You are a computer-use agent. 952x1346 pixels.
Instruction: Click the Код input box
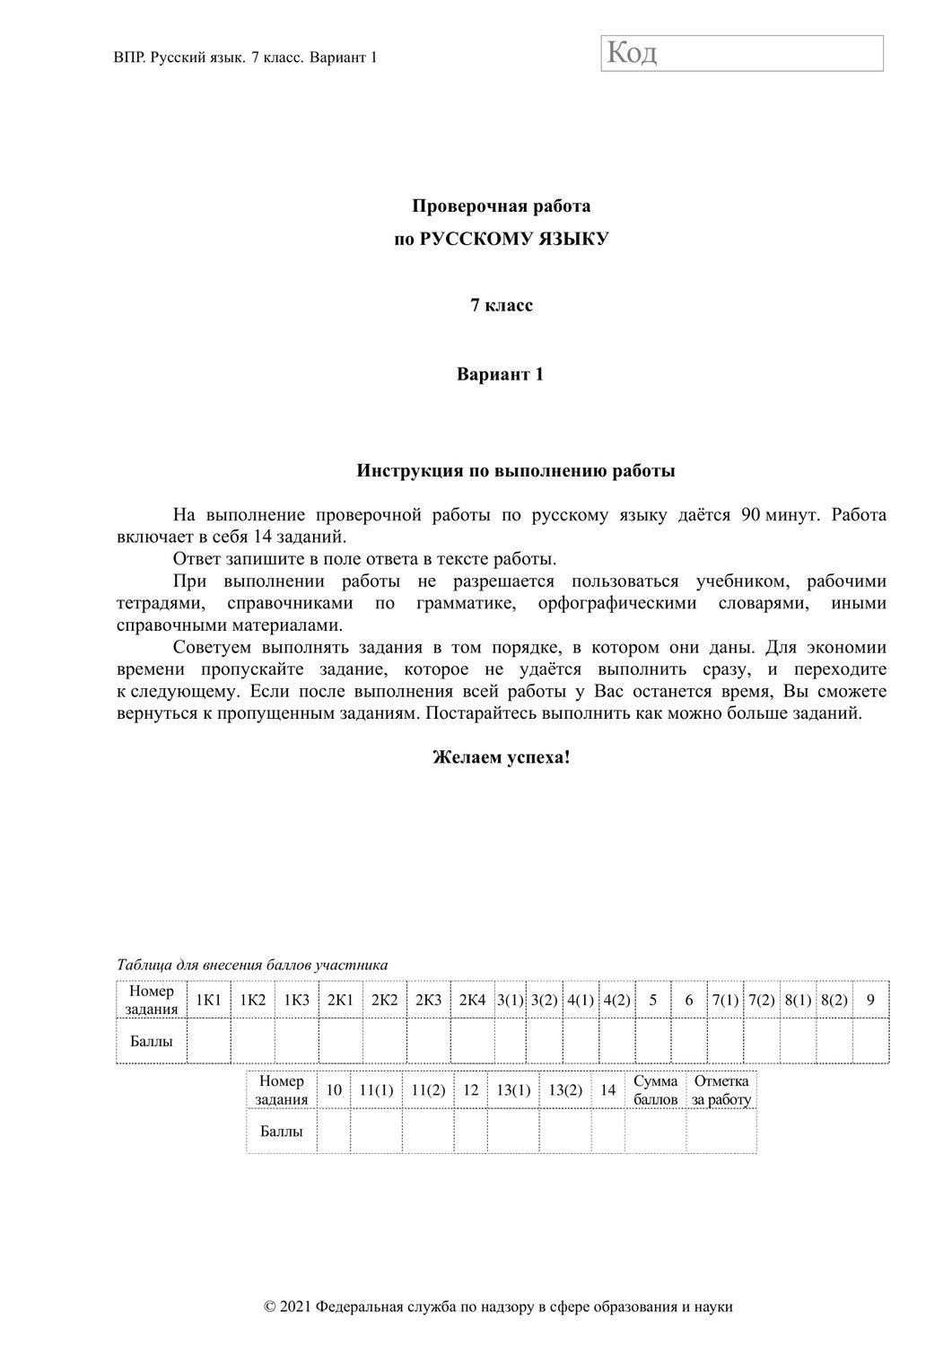click(x=742, y=54)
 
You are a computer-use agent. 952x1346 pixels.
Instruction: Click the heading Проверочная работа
click(x=501, y=206)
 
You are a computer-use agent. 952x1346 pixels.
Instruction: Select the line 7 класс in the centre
click(x=502, y=305)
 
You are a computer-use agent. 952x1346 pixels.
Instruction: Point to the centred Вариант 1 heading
click(x=500, y=374)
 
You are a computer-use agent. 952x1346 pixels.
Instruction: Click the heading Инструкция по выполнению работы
click(x=516, y=470)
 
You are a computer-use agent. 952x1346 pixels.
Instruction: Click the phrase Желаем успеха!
click(x=501, y=756)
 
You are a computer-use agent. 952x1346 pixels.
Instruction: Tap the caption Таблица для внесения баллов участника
click(x=252, y=966)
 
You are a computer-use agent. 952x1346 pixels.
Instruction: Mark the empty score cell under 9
click(x=869, y=1041)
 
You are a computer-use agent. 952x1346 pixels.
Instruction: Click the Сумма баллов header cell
click(x=655, y=1090)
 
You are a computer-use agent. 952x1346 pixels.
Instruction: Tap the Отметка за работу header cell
click(x=721, y=1090)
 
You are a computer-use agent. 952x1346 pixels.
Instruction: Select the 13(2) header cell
click(x=565, y=1090)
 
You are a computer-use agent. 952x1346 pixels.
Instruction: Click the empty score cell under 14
click(x=607, y=1131)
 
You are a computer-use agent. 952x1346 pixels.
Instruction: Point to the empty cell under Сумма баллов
click(x=655, y=1131)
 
